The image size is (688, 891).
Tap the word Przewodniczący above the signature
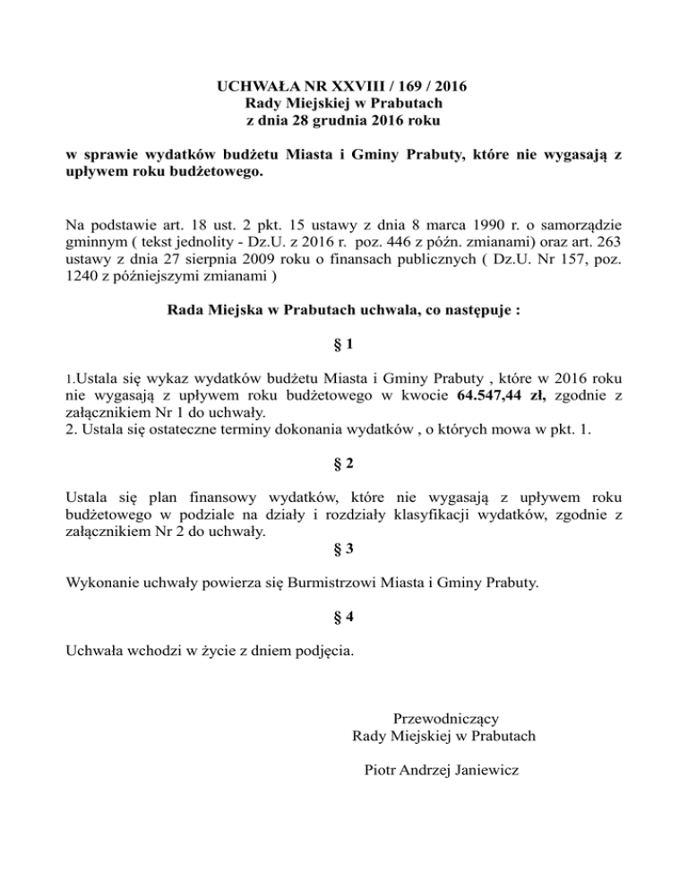pos(445,718)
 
